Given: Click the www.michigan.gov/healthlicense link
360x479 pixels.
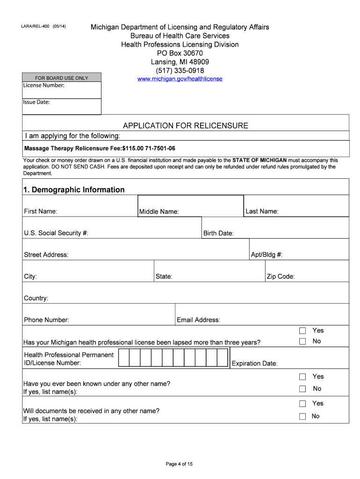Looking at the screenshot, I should coord(180,79).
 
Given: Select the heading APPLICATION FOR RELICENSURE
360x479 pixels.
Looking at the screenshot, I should coord(186,126).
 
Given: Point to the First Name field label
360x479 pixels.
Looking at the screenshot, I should coord(41,211).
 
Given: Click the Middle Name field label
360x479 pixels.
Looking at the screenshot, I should coord(159,212).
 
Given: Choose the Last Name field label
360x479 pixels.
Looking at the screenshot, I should coord(262,211).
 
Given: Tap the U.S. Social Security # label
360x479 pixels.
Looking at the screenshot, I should coord(56,233).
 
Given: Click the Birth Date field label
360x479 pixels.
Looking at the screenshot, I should coord(218,233).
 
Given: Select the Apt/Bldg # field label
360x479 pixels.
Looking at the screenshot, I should coord(266,255).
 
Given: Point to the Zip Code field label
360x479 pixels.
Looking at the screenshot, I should coord(281,276).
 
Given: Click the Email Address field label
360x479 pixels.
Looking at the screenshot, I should coord(198,320).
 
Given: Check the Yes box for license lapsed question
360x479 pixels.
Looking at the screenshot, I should coord(302,331).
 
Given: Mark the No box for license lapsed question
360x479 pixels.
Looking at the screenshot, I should coord(302,341).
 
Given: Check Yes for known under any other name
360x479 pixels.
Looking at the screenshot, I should coord(302,377).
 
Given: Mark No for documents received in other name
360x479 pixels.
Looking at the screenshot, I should coord(302,416).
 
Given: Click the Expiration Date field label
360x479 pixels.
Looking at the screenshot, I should coord(255,363).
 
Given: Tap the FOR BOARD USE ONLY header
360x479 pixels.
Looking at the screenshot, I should coord(62,78).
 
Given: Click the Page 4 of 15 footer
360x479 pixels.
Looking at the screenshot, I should coord(180,464).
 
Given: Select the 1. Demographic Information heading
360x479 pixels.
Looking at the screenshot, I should coord(74,189).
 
